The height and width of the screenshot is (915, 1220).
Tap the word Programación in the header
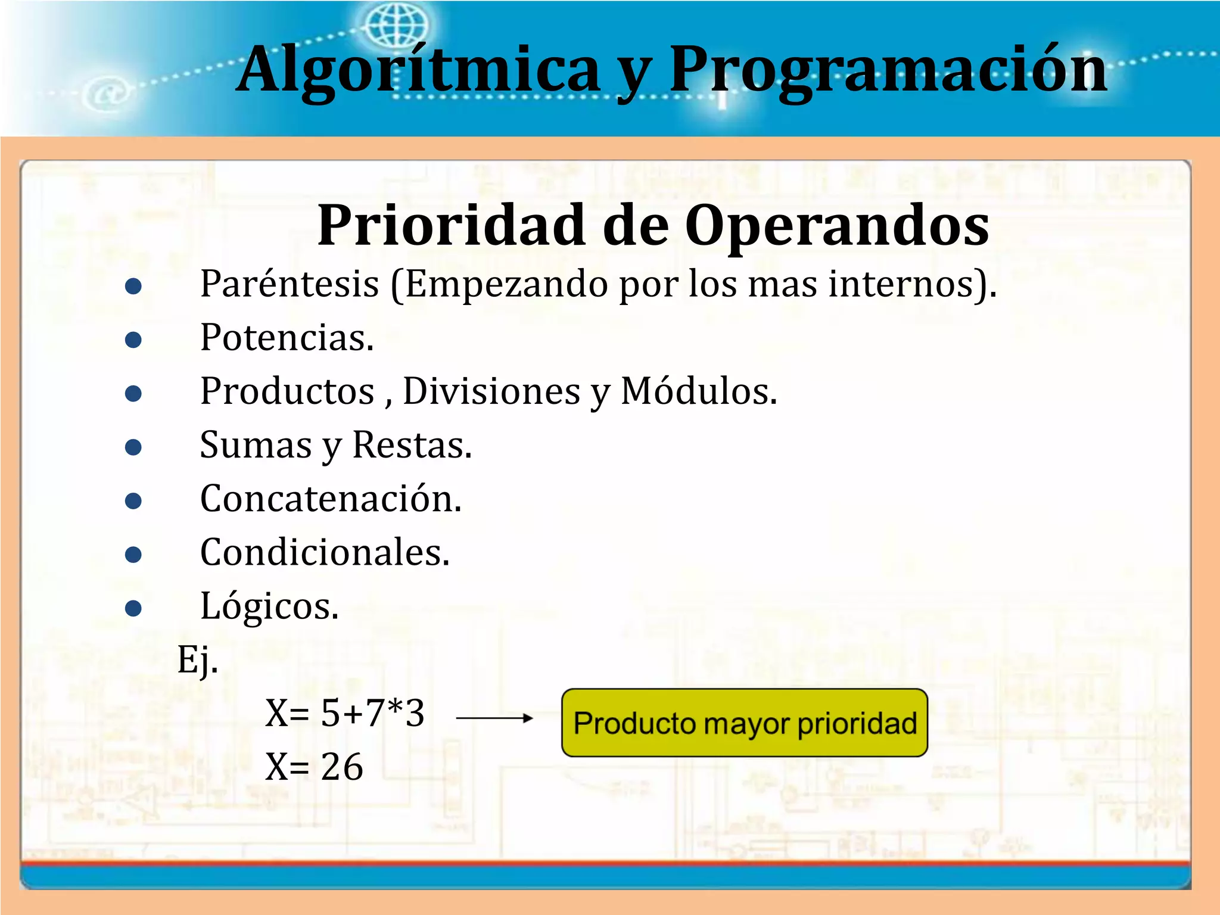888,70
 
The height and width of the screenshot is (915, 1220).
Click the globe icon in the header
396,25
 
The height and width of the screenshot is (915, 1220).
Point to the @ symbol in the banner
107,94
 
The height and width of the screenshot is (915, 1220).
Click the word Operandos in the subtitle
837,226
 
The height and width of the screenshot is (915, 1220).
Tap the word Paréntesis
290,284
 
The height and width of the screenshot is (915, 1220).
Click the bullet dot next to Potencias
133,340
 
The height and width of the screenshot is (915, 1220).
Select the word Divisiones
491,391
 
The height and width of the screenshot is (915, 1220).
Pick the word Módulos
699,391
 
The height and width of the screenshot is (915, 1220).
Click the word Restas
412,445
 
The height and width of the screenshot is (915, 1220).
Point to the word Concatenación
331,499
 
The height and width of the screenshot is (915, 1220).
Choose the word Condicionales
325,552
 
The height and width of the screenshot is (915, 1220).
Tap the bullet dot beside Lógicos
133,608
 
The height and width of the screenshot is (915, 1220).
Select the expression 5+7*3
373,713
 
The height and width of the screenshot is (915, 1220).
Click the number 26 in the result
342,767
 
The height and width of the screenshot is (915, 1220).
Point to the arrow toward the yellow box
494,718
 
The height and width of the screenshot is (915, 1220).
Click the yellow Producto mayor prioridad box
744,723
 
